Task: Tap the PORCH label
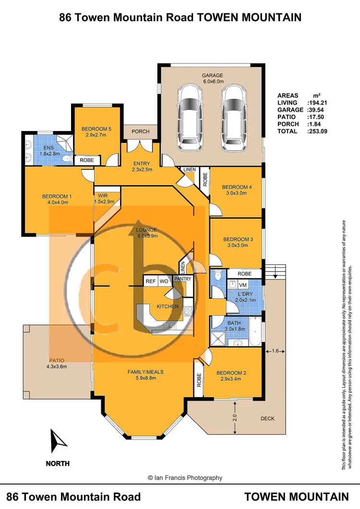click(141, 131)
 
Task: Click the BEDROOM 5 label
click(96, 129)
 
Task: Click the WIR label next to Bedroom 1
click(102, 196)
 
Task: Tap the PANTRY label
click(183, 279)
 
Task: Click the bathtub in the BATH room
click(256, 331)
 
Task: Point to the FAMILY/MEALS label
click(145, 372)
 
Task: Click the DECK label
click(267, 418)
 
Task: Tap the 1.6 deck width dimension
click(275, 351)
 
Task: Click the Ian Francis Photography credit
click(185, 478)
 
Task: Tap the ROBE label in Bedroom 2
click(198, 380)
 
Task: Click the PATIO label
click(57, 360)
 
